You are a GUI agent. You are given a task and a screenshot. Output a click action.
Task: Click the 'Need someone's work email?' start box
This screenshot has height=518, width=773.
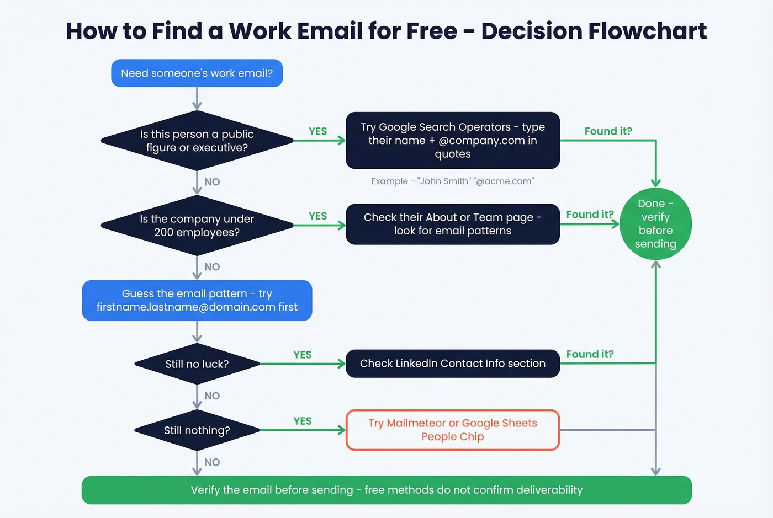[197, 73]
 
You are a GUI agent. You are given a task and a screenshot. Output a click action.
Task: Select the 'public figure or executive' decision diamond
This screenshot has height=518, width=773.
[197, 141]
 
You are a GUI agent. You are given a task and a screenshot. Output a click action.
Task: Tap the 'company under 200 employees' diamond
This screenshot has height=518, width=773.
[197, 226]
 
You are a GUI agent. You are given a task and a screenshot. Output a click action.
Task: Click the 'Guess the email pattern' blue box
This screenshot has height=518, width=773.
[197, 301]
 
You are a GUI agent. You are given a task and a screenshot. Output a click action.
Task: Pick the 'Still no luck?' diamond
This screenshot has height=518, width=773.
[197, 364]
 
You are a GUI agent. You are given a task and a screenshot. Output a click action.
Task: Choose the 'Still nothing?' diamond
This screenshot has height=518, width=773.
[197, 430]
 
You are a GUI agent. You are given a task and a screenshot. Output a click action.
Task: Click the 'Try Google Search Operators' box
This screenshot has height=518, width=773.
[452, 141]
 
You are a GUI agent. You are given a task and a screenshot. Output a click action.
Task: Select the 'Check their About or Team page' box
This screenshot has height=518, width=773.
[452, 224]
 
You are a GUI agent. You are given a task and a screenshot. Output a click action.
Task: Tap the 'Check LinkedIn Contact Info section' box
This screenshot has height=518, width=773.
[452, 364]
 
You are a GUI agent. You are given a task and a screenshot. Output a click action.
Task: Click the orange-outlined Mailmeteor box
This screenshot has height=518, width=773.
[452, 430]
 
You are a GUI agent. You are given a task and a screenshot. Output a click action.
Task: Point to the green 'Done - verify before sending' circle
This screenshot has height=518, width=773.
[655, 224]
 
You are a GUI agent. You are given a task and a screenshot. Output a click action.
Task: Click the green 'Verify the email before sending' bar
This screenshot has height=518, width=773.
[386, 490]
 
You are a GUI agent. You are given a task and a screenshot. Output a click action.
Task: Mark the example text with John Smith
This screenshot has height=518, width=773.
[452, 181]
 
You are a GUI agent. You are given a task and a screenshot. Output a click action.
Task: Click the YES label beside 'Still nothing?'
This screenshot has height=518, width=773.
[303, 421]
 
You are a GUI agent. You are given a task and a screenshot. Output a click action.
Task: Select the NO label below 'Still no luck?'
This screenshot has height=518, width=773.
[212, 396]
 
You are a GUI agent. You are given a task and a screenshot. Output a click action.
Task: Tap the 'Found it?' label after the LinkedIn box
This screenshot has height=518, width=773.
[590, 354]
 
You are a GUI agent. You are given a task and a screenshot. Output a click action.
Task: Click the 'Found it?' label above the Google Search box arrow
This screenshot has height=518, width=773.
[608, 131]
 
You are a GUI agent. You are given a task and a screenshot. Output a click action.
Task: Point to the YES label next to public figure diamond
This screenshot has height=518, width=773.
[318, 131]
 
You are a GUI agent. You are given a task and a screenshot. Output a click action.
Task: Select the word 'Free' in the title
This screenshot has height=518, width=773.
[431, 31]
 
